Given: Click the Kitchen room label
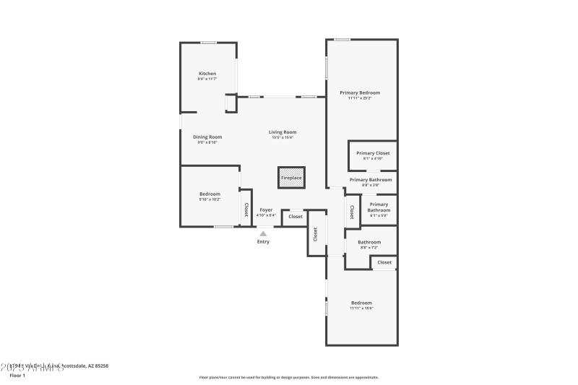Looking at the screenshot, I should pyautogui.click(x=207, y=74).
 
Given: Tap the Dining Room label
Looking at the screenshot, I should pyautogui.click(x=207, y=137).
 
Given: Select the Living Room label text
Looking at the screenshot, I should pyautogui.click(x=282, y=132).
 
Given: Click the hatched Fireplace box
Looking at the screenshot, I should pyautogui.click(x=291, y=178).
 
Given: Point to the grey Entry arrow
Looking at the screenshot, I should pyautogui.click(x=263, y=233).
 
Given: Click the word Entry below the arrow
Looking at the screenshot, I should pyautogui.click(x=263, y=241).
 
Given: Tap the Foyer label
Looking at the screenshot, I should pyautogui.click(x=266, y=210).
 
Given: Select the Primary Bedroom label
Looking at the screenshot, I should pyautogui.click(x=359, y=93).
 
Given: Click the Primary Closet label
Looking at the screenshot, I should pyautogui.click(x=373, y=153).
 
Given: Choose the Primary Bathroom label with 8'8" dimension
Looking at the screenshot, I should pyautogui.click(x=371, y=180).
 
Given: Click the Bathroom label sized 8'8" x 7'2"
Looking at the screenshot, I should pyautogui.click(x=369, y=243).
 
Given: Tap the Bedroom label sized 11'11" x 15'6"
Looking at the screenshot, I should pyautogui.click(x=361, y=303).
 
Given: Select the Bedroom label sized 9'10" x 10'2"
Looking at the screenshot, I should pyautogui.click(x=210, y=194).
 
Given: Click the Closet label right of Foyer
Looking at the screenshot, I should pyautogui.click(x=296, y=217).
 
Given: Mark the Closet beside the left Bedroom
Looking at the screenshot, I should pyautogui.click(x=246, y=209).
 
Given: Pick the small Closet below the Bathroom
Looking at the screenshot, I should pyautogui.click(x=384, y=262).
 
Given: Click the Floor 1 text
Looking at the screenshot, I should pyautogui.click(x=17, y=376).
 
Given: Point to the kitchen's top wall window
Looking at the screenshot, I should pyautogui.click(x=209, y=42).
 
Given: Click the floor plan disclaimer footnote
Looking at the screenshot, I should pyautogui.click(x=288, y=377).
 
